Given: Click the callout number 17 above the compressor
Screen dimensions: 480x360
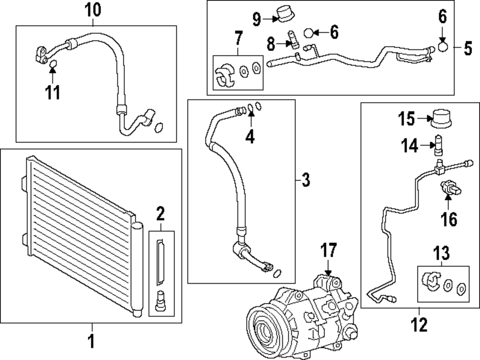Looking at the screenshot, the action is coord(328,250).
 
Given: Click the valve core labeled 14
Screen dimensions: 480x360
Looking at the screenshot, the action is coord(439,145).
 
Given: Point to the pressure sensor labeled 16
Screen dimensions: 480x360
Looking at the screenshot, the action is coord(451,189).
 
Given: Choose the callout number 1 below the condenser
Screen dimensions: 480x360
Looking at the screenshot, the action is coord(92,341).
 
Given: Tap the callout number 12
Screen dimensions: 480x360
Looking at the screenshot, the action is coord(419,324).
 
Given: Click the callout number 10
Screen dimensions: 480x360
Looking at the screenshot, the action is coord(93,10).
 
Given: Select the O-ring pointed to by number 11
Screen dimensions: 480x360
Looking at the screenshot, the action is coord(53,64).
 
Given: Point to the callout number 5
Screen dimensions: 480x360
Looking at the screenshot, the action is coord(468,48).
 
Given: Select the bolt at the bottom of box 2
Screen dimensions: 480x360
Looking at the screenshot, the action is coord(160,300).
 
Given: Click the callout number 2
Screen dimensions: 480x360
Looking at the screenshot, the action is coord(160,214).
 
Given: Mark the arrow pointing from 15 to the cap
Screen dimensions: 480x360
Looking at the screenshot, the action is coord(424,119).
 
